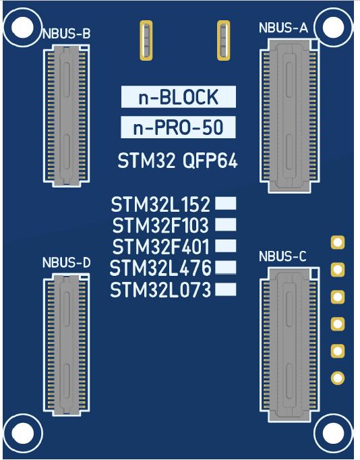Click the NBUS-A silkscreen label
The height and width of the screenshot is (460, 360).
pos(283,28)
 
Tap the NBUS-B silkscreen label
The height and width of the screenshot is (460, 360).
pos(67,34)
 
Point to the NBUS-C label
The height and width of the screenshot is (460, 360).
pos(282,256)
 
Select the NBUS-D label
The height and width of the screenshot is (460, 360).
pos(67,262)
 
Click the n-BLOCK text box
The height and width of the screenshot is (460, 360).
pos(179,97)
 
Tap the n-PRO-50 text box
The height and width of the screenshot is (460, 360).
pos(178,127)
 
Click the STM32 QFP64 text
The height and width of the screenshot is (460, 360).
pos(177,161)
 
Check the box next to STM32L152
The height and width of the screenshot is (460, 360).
pos(225,203)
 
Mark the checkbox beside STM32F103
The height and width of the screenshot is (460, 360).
pos(225,225)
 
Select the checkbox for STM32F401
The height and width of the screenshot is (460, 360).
pos(225,246)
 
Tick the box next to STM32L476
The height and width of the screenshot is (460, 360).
pos(225,267)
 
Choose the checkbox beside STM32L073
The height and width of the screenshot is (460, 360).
pos(225,289)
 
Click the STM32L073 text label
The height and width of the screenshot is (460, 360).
pos(160,290)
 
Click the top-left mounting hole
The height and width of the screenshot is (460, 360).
pos(22,27)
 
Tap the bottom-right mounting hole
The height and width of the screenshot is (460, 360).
pos(333,433)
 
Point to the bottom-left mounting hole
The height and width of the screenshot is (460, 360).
pos(23,433)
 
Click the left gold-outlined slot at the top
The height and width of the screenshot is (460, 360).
pos(146,40)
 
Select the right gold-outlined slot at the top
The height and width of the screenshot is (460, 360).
pos(223,40)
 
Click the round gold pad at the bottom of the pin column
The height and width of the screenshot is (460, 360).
pos(338,378)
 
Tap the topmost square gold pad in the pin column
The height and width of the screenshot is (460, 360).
pos(338,243)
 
